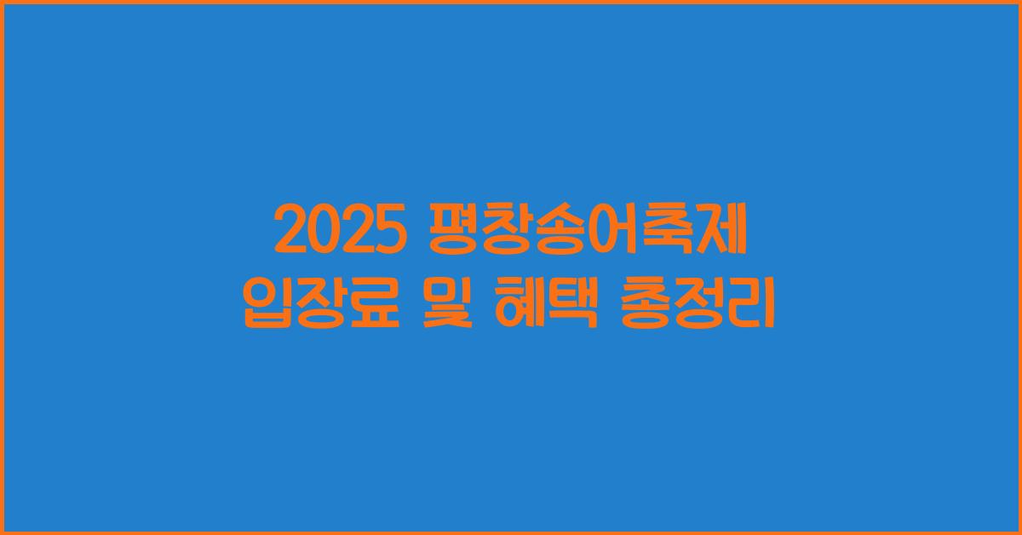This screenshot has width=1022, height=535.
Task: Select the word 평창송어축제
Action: [x=585, y=233]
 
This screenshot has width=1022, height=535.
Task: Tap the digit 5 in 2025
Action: [x=388, y=233]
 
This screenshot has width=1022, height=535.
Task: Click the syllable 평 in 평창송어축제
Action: [x=449, y=233]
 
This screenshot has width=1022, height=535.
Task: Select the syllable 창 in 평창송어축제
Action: [x=503, y=233]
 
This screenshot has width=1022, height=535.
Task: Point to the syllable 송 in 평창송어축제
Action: [x=558, y=233]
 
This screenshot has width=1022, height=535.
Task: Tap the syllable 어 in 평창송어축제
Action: [x=612, y=233]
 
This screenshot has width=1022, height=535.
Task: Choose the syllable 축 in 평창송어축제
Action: [x=667, y=233]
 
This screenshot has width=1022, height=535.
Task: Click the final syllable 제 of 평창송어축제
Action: [x=722, y=233]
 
